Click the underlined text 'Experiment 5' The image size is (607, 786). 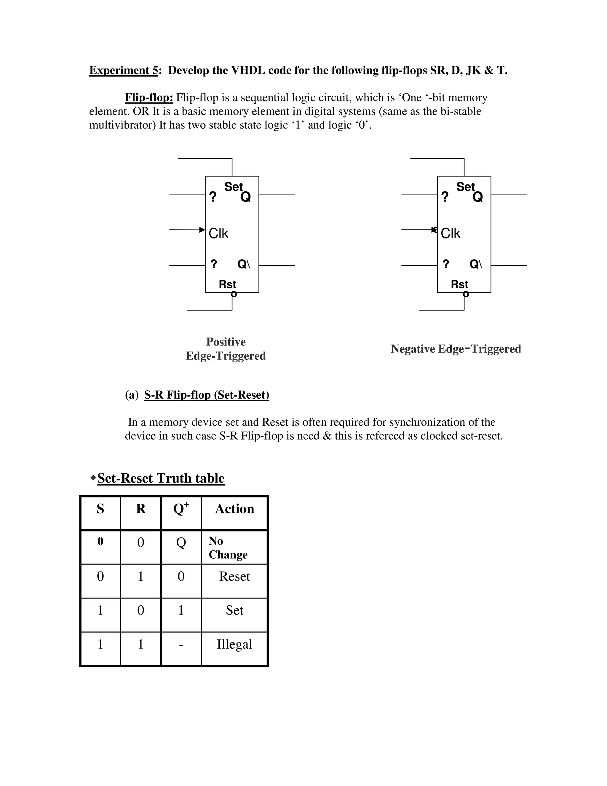click(123, 70)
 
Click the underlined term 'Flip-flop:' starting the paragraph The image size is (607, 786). click(149, 98)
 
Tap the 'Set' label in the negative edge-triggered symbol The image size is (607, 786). click(465, 187)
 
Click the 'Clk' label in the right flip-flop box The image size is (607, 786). click(450, 233)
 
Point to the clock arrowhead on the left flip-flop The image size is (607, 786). click(202, 230)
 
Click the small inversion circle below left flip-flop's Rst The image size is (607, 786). click(234, 295)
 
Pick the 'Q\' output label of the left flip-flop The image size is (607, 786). click(243, 264)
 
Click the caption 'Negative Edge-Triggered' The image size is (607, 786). click(456, 349)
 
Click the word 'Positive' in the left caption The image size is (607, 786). click(226, 341)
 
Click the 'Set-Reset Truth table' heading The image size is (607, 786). click(161, 478)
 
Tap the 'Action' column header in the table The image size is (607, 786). click(234, 509)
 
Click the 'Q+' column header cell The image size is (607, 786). click(181, 509)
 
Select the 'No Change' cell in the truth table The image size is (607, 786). click(228, 548)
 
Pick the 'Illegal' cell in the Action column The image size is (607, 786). click(234, 644)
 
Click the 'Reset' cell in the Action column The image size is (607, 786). click(234, 576)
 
